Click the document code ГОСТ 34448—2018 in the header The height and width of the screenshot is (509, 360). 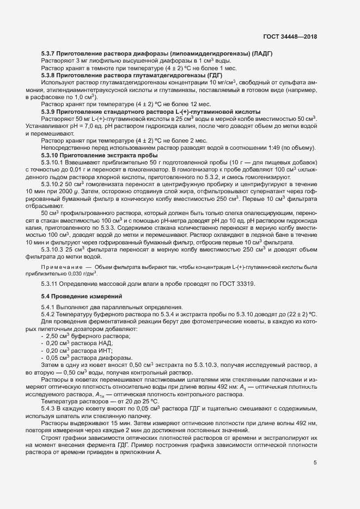(289, 38)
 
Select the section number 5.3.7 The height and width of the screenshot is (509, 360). (51, 53)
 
